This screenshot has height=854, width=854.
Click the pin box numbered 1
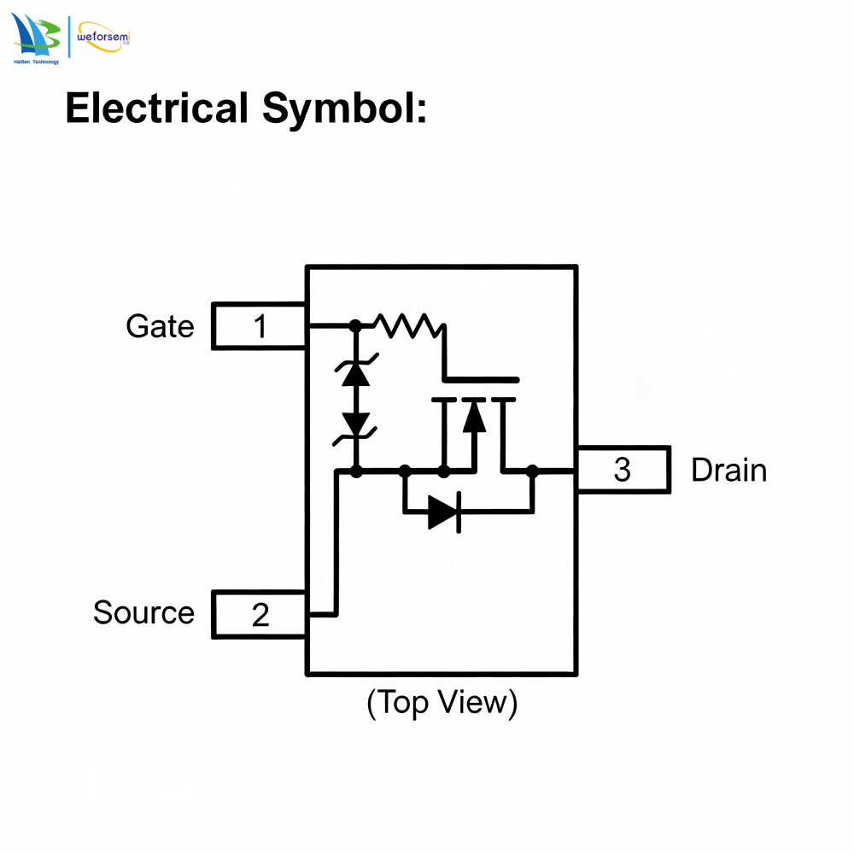[260, 325]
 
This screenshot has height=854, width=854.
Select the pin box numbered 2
[260, 614]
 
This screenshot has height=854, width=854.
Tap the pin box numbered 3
[623, 470]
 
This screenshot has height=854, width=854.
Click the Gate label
[161, 326]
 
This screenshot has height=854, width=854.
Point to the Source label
[143, 612]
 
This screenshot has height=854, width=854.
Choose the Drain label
[728, 470]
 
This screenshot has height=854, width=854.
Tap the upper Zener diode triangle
[355, 374]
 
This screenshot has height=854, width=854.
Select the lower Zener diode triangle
[355, 424]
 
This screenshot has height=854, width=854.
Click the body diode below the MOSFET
[445, 512]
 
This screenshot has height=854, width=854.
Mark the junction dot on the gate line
[355, 325]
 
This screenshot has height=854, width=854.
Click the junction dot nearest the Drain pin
[532, 471]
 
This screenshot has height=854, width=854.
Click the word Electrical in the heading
[157, 108]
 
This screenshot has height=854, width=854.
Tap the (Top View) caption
[442, 703]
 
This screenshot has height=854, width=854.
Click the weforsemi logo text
[103, 37]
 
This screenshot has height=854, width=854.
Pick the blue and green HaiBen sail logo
[36, 36]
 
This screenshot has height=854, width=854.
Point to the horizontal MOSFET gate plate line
[482, 380]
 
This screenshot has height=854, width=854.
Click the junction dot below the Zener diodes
[355, 471]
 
